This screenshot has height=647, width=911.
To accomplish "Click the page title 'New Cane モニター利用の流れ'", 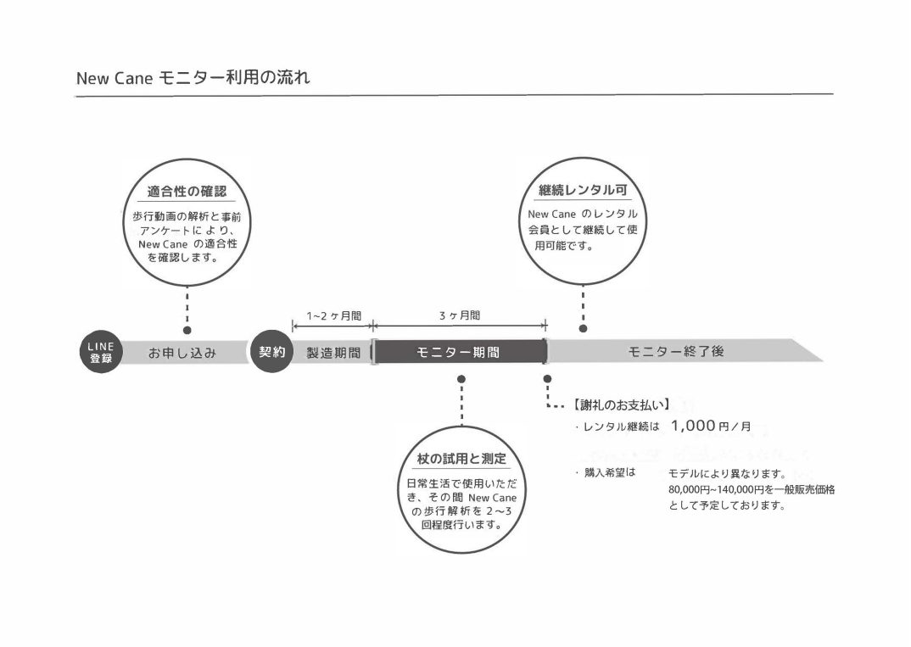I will pyautogui.click(x=193, y=79).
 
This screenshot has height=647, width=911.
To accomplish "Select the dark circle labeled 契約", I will pyautogui.click(x=271, y=352).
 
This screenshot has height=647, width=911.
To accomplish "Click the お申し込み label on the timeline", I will pyautogui.click(x=182, y=352).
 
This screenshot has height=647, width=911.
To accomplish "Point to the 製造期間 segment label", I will pyautogui.click(x=333, y=352).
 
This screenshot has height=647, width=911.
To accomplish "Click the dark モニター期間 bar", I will pyautogui.click(x=459, y=352).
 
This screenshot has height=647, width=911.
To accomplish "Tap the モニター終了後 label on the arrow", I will pyautogui.click(x=676, y=351).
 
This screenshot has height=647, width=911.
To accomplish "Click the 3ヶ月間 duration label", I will pyautogui.click(x=459, y=315).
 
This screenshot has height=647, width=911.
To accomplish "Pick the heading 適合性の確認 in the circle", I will pyautogui.click(x=187, y=190).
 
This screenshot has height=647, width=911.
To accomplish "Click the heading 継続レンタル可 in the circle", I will pyautogui.click(x=583, y=190).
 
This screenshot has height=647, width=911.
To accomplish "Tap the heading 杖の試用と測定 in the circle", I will pyautogui.click(x=461, y=459).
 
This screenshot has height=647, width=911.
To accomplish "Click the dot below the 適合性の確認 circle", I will pyautogui.click(x=187, y=330).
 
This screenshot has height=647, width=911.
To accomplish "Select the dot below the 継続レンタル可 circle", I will pyautogui.click(x=583, y=328).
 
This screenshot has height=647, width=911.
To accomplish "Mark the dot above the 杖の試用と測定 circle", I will pyautogui.click(x=461, y=378).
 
